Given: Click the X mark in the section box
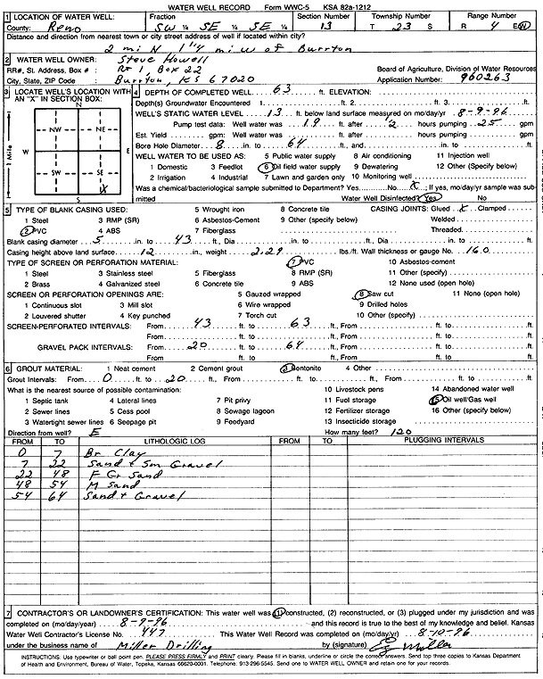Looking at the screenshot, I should (105, 188).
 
